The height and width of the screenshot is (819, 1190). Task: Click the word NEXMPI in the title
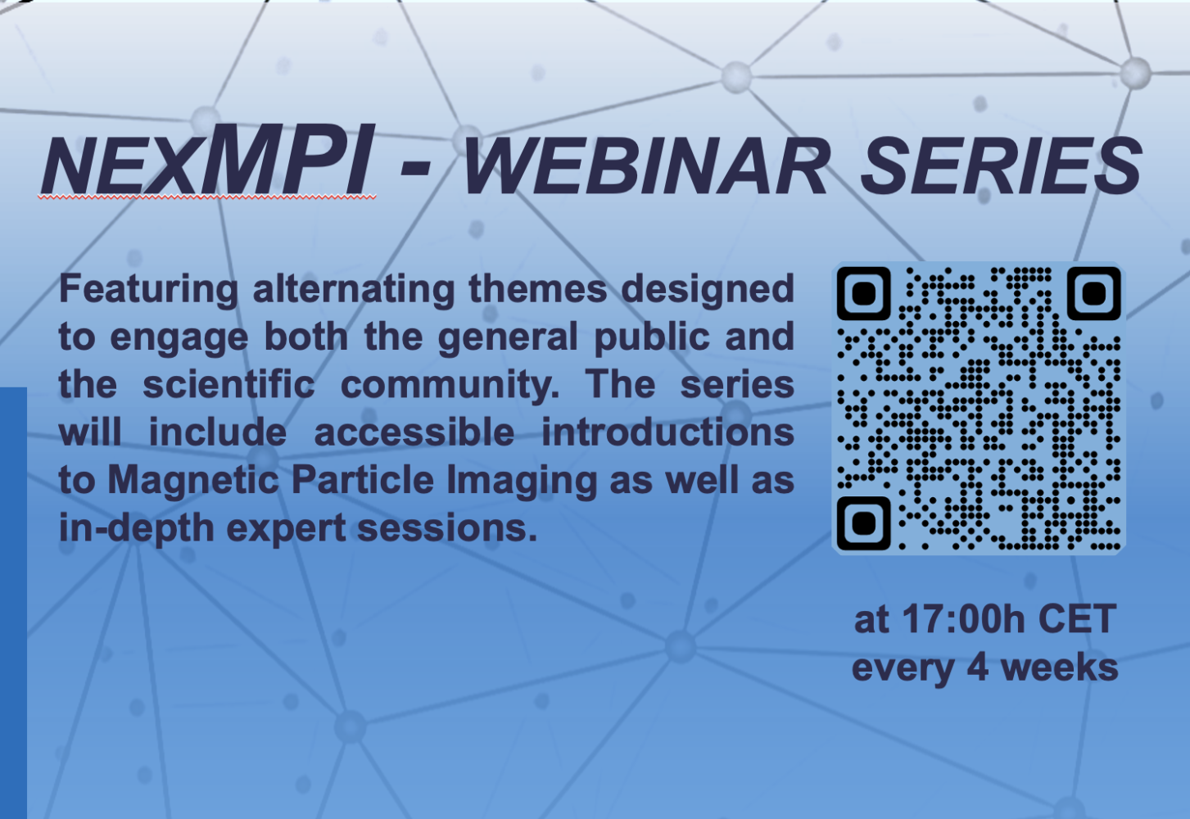pos(208,160)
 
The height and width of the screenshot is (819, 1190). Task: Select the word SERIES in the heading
pos(1001,166)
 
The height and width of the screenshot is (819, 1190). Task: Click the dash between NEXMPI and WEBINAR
pos(414,171)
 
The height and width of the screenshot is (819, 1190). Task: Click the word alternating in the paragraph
pos(354,288)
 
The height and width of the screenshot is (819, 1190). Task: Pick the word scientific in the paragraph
pos(229,384)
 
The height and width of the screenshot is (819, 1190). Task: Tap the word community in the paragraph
pos(450,386)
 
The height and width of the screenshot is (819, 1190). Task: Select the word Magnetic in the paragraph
pos(192,480)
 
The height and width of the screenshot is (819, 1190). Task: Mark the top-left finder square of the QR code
pos(864,294)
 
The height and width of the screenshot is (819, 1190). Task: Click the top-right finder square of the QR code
pos(1094,294)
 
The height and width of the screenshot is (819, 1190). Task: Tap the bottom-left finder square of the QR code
pos(864,523)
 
